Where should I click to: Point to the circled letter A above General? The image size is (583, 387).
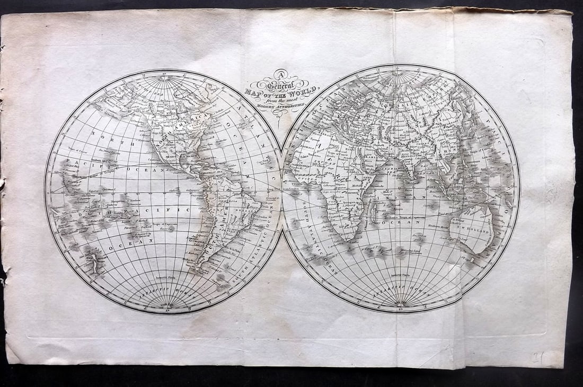[281, 75]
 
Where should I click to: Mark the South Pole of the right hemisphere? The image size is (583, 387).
[401, 305]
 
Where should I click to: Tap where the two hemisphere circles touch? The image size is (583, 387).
[282, 191]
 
